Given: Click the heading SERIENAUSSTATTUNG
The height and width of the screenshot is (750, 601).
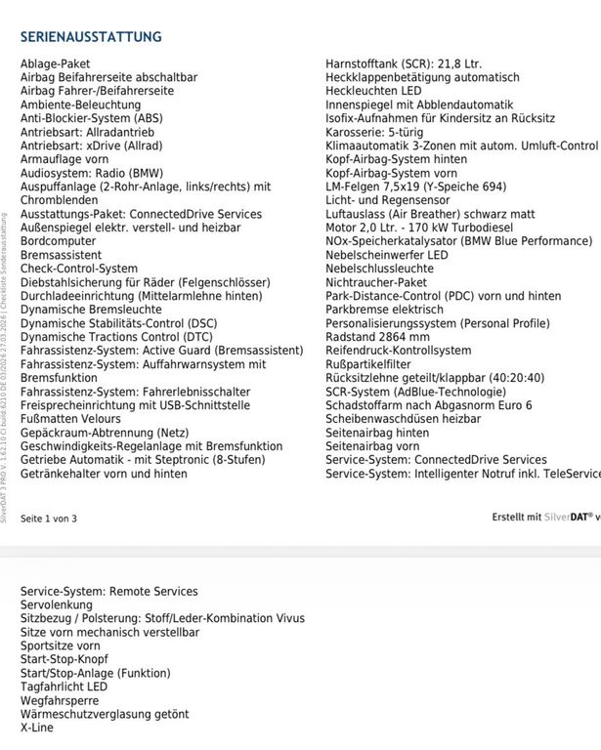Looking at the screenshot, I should coord(91,37).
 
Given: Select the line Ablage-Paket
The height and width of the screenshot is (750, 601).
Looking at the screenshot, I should coord(55,64).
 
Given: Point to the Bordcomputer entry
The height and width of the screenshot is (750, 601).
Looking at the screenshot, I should coord(59,241).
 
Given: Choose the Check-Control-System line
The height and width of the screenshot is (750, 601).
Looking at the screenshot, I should coord(79,269).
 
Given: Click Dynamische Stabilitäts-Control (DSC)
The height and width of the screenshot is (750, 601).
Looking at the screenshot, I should coord(119,323).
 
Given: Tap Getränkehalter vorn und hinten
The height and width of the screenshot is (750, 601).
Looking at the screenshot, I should coord(104,474).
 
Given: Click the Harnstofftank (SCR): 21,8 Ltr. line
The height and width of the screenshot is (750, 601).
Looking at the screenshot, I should coord(404,64).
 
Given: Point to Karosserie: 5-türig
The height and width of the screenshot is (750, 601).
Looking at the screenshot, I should coord(374,132).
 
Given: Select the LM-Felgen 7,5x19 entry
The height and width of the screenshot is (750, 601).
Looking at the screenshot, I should coord(415,187).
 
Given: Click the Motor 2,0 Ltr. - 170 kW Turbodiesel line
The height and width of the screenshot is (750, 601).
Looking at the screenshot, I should coord(419,228).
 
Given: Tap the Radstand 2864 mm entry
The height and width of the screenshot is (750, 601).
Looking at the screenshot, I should coord(384,337).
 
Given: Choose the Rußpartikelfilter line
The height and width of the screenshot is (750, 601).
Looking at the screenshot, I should coord(372,364).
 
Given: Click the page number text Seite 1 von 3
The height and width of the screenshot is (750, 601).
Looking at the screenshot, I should coord(48,519).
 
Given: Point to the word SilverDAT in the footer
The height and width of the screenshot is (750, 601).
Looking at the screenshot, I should coord(568,518).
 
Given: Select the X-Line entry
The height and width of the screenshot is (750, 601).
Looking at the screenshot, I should coord(37,728).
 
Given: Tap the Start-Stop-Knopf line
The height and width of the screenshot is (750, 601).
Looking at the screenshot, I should coord(64,659).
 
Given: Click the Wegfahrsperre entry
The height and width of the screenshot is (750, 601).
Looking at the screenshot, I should coord(60,700).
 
